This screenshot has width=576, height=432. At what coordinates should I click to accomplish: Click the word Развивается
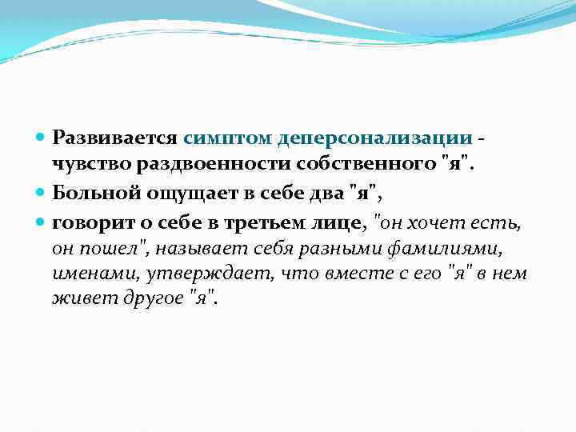pos(114,137)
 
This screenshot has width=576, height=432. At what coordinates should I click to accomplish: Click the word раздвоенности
pos(192,164)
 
